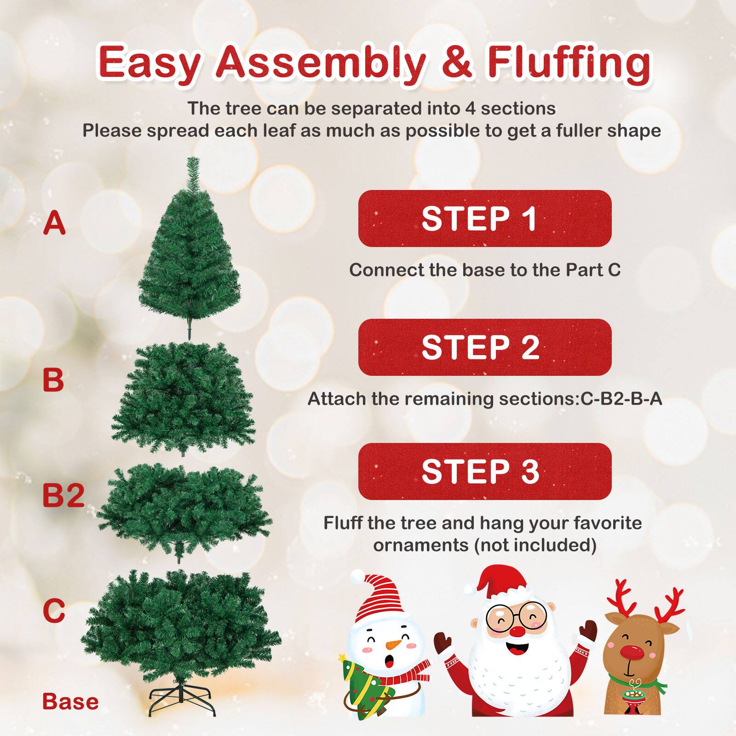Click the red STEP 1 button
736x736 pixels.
(x=484, y=218)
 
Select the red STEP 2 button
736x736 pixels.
(x=484, y=347)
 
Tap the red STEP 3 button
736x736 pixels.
(x=484, y=471)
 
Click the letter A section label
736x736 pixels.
(x=54, y=223)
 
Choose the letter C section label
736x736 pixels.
(x=54, y=610)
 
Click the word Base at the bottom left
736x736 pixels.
(x=70, y=702)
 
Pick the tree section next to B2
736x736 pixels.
(x=184, y=511)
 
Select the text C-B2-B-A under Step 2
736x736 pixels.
(x=621, y=399)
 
